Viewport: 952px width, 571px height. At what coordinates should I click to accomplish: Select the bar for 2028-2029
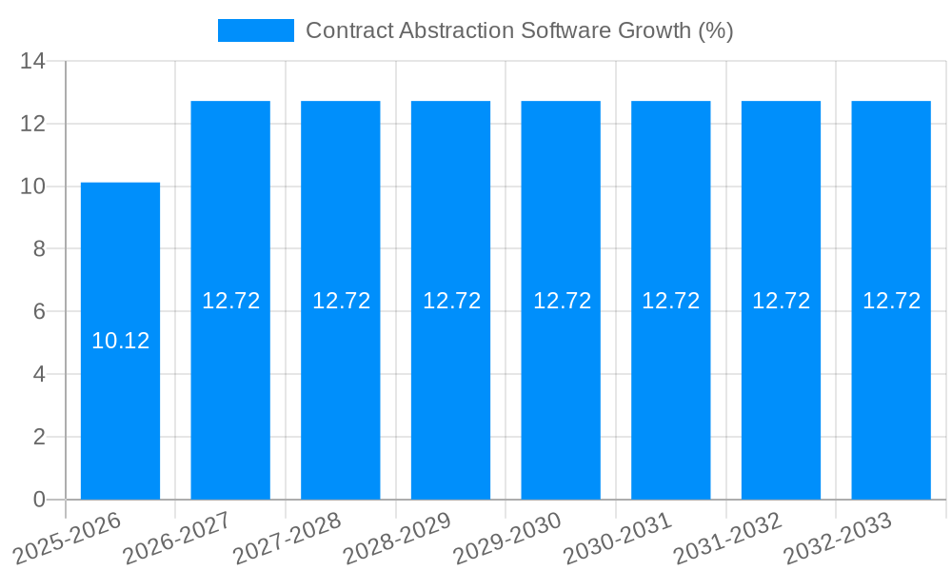(x=450, y=400)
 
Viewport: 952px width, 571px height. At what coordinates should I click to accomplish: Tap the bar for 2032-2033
(x=891, y=400)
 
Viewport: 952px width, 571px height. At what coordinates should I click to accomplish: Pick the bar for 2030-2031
(x=670, y=400)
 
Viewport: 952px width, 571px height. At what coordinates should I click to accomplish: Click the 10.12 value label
(x=120, y=341)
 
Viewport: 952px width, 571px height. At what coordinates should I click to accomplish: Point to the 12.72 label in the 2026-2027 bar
(x=230, y=301)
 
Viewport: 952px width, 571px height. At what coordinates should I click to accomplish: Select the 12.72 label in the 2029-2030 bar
(x=562, y=301)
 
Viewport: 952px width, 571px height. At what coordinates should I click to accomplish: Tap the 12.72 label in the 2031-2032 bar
(x=781, y=301)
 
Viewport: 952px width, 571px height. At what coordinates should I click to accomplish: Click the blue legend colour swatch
(x=255, y=30)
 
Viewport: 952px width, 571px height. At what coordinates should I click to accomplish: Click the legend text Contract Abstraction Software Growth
(x=519, y=30)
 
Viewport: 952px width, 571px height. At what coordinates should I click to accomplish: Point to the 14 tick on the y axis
(x=32, y=61)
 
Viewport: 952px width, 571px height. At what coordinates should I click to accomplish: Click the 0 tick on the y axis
(x=39, y=500)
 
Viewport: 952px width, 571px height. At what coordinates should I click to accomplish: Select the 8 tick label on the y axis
(x=39, y=249)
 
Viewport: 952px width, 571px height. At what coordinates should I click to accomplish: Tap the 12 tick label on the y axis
(x=32, y=124)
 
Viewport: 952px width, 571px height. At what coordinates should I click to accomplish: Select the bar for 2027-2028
(x=341, y=400)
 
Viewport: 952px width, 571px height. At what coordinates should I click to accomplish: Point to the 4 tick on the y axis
(x=39, y=374)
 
